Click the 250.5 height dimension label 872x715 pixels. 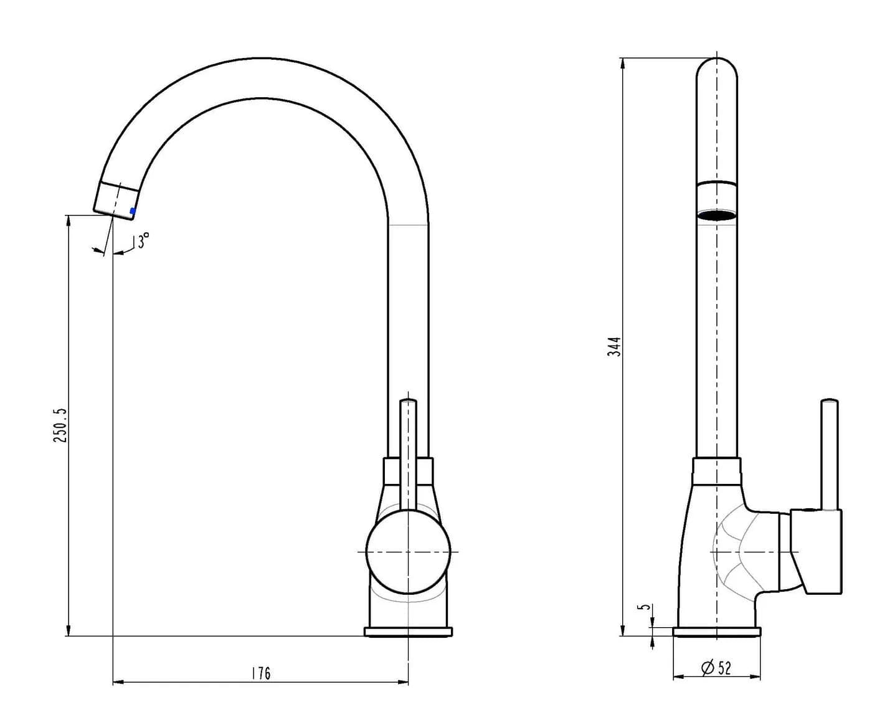60,425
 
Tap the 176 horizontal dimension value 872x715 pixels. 262,673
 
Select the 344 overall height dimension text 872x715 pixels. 614,346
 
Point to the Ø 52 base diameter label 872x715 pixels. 716,680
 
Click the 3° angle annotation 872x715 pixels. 143,240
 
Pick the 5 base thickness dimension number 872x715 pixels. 644,607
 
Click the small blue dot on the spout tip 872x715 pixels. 133,211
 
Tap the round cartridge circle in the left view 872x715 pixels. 408,552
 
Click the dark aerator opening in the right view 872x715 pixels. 716,215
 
